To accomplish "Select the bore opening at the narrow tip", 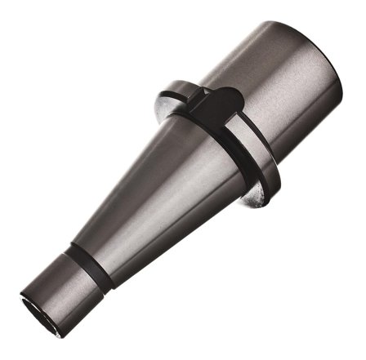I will click(x=38, y=302).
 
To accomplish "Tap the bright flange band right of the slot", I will click(x=249, y=122).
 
